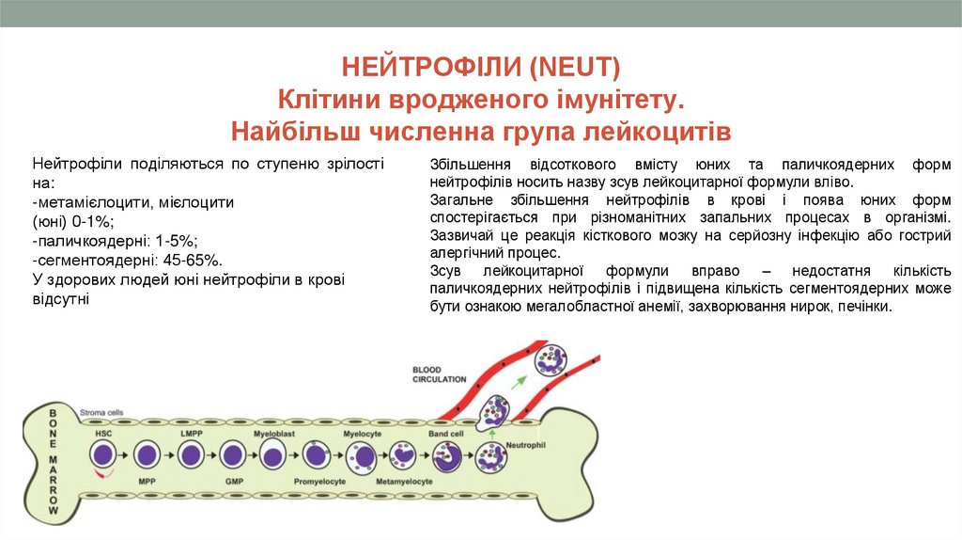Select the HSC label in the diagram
click(x=101, y=434)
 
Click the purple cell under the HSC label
click(x=102, y=456)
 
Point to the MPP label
click(x=147, y=481)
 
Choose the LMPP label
click(x=191, y=434)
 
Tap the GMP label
click(x=234, y=481)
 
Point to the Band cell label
click(x=446, y=434)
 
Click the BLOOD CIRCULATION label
click(x=439, y=374)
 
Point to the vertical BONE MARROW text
click(x=54, y=461)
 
